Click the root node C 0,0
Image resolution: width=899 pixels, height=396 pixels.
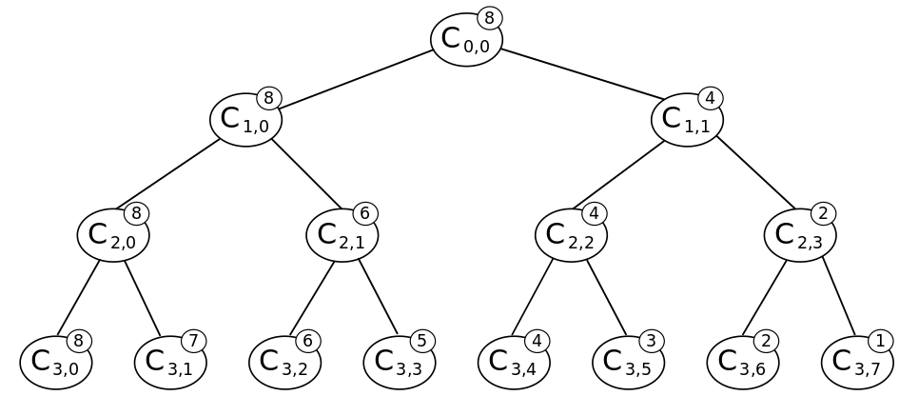coord(465,40)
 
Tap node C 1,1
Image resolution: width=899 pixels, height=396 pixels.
coord(686,119)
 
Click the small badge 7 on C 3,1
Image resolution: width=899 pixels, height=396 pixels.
coord(194,341)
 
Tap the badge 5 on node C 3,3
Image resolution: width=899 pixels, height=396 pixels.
coord(422,341)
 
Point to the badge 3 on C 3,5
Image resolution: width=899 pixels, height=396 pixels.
coord(652,341)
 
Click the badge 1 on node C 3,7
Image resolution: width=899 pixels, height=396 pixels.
coord(881,341)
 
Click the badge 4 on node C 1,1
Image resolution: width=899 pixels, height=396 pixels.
coord(710,98)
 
